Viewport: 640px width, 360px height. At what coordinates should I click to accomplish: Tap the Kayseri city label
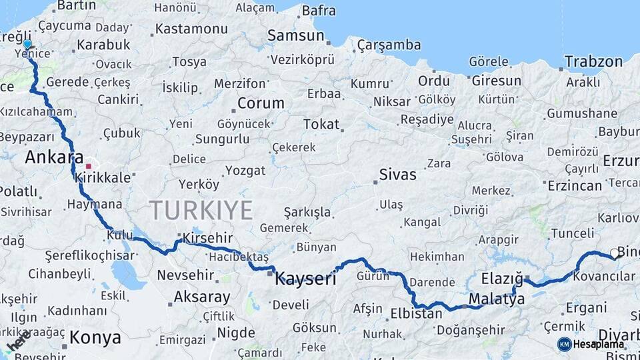click(305, 279)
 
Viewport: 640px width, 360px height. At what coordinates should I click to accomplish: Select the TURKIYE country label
click(201, 210)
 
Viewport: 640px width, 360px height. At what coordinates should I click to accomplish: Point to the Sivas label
click(397, 175)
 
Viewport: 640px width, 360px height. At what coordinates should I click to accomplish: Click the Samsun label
click(295, 35)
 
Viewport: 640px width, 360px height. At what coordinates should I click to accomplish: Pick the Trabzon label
click(593, 61)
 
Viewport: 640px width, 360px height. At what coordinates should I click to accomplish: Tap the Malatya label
click(496, 299)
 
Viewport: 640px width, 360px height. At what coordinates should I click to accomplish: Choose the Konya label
click(95, 337)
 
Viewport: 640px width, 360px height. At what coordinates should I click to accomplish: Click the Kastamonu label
click(191, 29)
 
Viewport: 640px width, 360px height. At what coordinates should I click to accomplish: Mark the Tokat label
click(321, 124)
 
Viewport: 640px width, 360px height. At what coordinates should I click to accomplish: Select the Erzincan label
click(575, 186)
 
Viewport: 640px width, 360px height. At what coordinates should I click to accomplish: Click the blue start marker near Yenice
click(27, 44)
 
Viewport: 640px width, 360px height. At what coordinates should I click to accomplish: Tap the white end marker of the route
click(614, 253)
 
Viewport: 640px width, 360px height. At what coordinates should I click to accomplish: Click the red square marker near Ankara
click(89, 166)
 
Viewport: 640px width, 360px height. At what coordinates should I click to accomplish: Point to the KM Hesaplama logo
click(591, 344)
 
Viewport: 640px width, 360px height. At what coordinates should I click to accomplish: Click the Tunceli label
click(572, 233)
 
